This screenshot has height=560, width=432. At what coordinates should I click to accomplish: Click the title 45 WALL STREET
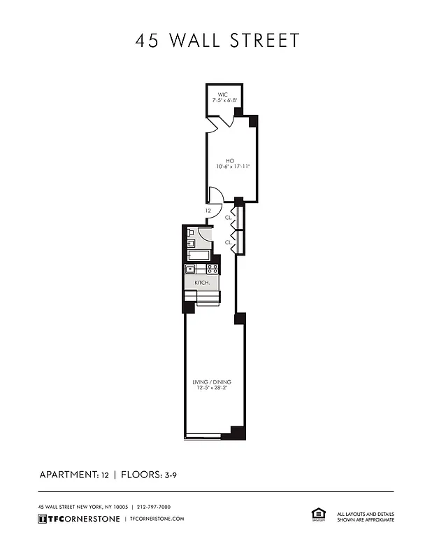point(217,41)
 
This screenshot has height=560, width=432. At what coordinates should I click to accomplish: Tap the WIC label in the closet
point(223,94)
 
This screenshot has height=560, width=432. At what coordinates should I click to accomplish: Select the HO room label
point(229,160)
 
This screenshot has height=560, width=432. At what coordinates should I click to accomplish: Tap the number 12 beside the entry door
point(208,210)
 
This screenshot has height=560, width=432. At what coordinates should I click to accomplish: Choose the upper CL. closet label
point(229,218)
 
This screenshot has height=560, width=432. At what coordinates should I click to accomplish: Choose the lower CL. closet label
point(229,242)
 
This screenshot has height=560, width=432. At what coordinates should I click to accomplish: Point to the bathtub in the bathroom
point(199,255)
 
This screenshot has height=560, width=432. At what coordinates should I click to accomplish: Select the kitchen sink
point(190,269)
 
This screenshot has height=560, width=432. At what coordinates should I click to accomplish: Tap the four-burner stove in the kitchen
point(213,269)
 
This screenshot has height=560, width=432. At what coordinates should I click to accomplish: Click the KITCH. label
point(202,281)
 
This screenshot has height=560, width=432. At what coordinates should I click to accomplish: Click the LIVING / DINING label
point(212,382)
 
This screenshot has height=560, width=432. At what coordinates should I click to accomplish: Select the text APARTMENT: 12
point(74,475)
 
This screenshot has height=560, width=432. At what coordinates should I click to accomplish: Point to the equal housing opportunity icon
point(318,515)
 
